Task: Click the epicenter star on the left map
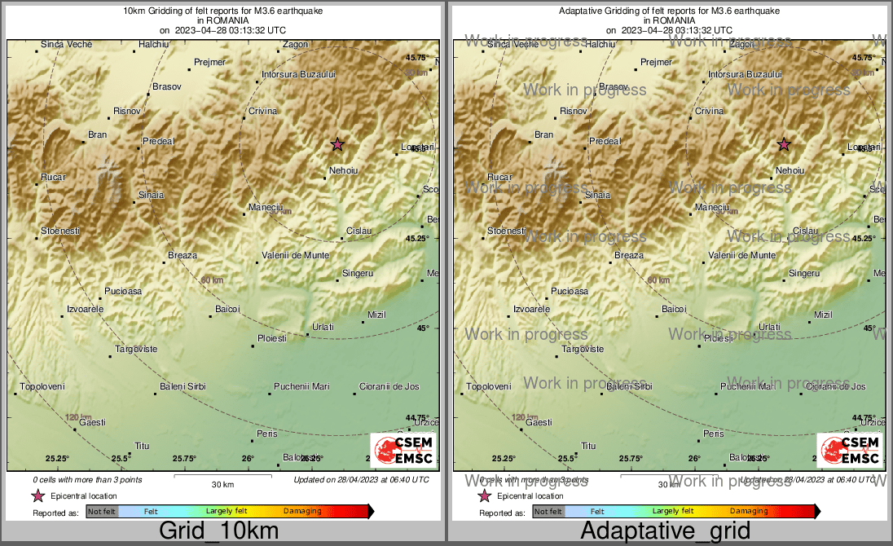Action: (337, 144)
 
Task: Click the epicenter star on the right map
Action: (784, 144)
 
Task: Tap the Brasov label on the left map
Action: (167, 86)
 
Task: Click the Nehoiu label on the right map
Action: (790, 170)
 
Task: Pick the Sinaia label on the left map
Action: (151, 195)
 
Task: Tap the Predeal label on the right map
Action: (605, 141)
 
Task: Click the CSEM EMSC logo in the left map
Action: (403, 450)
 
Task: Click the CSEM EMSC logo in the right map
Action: (849, 450)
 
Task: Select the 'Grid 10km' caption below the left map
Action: (218, 531)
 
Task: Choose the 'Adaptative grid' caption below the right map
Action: (666, 531)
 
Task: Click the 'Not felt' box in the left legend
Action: (102, 512)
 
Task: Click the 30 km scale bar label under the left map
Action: (222, 485)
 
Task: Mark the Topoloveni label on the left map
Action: (42, 386)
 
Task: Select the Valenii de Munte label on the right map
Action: (742, 255)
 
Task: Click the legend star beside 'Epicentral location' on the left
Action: (38, 495)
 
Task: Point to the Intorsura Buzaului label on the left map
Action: (298, 74)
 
